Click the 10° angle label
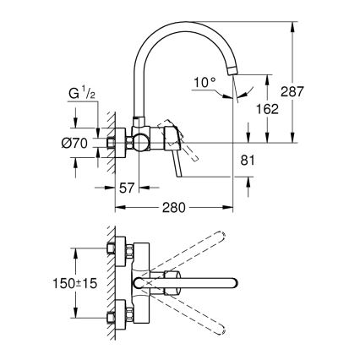[x=203, y=82]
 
